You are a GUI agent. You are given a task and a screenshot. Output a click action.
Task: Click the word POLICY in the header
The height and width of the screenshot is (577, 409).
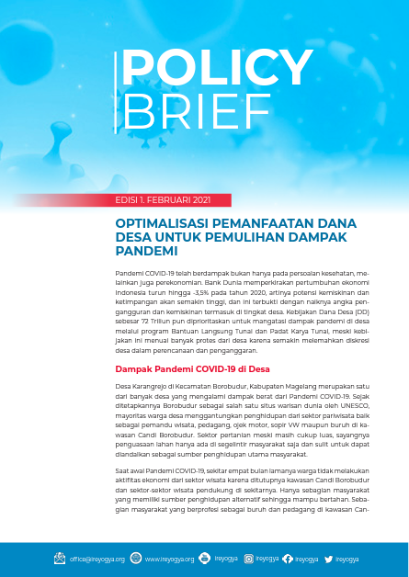pyautogui.click(x=217, y=67)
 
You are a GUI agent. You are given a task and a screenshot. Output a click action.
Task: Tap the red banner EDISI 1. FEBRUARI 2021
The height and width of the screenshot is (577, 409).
pyautogui.click(x=164, y=200)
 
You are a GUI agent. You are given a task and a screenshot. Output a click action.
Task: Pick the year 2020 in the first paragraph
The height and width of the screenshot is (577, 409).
pyautogui.click(x=228, y=294)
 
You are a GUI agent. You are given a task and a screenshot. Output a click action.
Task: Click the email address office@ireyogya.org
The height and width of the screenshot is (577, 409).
pyautogui.click(x=97, y=559)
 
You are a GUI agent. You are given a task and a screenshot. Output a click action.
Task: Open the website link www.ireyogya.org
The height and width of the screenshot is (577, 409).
pyautogui.click(x=170, y=559)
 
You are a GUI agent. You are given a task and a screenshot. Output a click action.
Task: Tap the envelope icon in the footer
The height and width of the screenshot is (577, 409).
pyautogui.click(x=60, y=559)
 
